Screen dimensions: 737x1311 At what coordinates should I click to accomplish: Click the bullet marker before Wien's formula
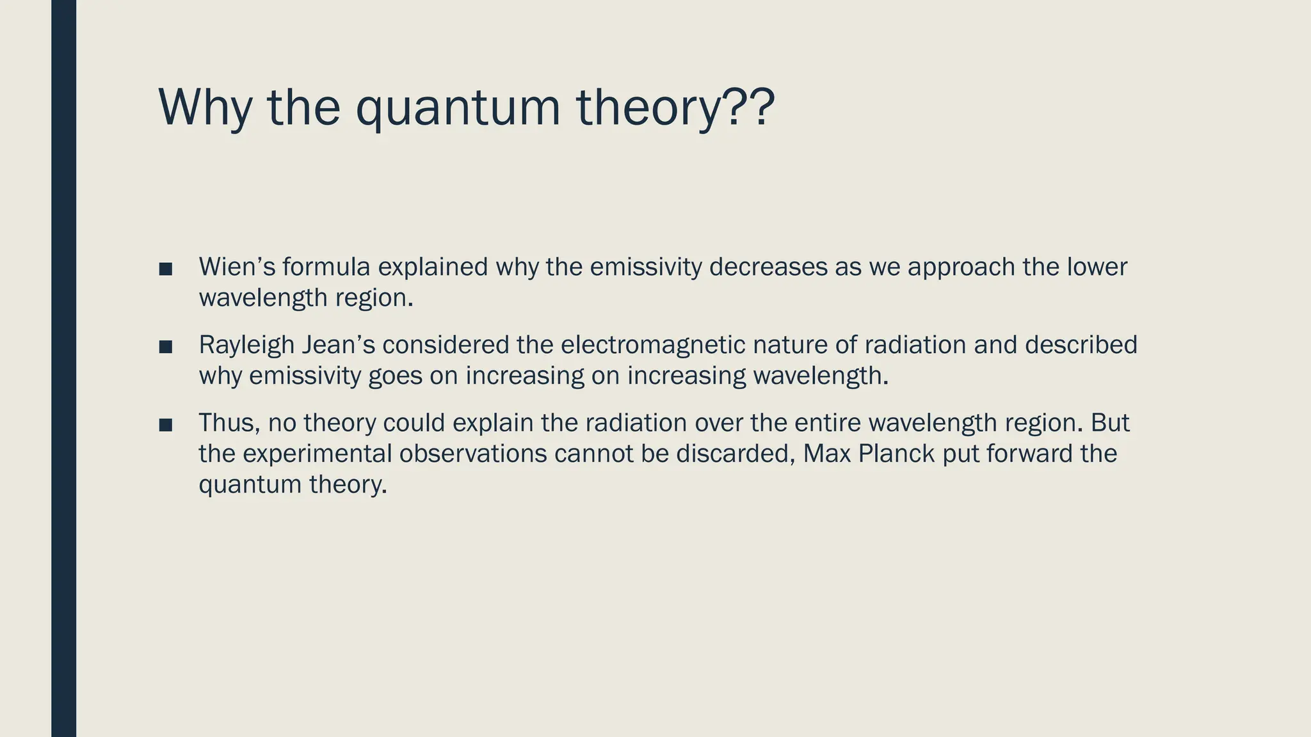166,269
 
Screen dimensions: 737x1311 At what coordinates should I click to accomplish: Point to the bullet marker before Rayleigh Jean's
166,347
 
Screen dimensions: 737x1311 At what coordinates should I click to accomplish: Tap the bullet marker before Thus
166,425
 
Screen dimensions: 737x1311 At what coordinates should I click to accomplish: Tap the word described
1081,345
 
